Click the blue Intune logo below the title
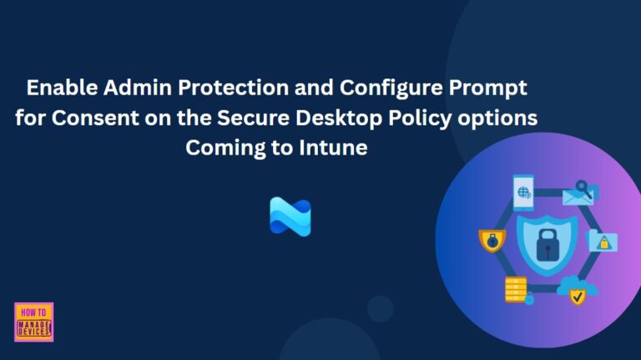coord(290,215)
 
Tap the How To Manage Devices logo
coord(34,322)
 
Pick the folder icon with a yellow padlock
coord(603,241)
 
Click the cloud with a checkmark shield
coord(575,289)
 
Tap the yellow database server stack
coord(515,287)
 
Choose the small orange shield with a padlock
coord(492,241)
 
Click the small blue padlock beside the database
coord(529,299)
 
